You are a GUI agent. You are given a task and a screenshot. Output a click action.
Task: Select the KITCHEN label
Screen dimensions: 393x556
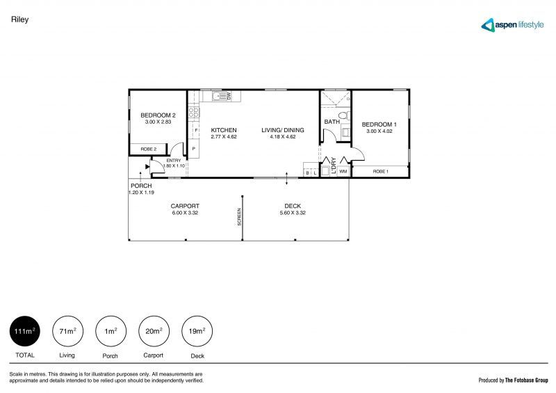click(224, 130)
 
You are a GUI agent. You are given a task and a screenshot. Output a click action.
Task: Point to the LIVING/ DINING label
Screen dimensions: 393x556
click(283, 130)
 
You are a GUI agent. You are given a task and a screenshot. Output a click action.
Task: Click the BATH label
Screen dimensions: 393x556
click(332, 122)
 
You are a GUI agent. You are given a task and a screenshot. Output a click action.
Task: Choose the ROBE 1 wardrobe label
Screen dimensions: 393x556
click(380, 171)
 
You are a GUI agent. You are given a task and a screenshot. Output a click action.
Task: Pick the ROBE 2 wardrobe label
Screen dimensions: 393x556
click(149, 149)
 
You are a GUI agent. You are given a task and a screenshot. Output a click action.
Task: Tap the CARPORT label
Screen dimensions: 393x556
click(185, 206)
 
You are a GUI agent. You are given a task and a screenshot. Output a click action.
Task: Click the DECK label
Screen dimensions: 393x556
click(292, 206)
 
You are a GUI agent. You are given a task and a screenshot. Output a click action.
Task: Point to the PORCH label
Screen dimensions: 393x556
click(141, 186)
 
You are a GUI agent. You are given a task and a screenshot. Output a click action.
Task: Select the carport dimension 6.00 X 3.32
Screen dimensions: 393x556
click(185, 213)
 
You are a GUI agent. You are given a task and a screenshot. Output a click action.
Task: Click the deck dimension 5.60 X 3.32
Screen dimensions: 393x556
click(292, 213)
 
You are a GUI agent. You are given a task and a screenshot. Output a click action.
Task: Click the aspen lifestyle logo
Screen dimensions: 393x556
click(515, 25)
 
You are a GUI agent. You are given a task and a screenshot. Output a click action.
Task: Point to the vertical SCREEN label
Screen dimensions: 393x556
click(239, 217)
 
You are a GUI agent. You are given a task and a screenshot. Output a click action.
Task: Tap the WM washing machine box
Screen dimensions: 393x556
click(343, 171)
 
